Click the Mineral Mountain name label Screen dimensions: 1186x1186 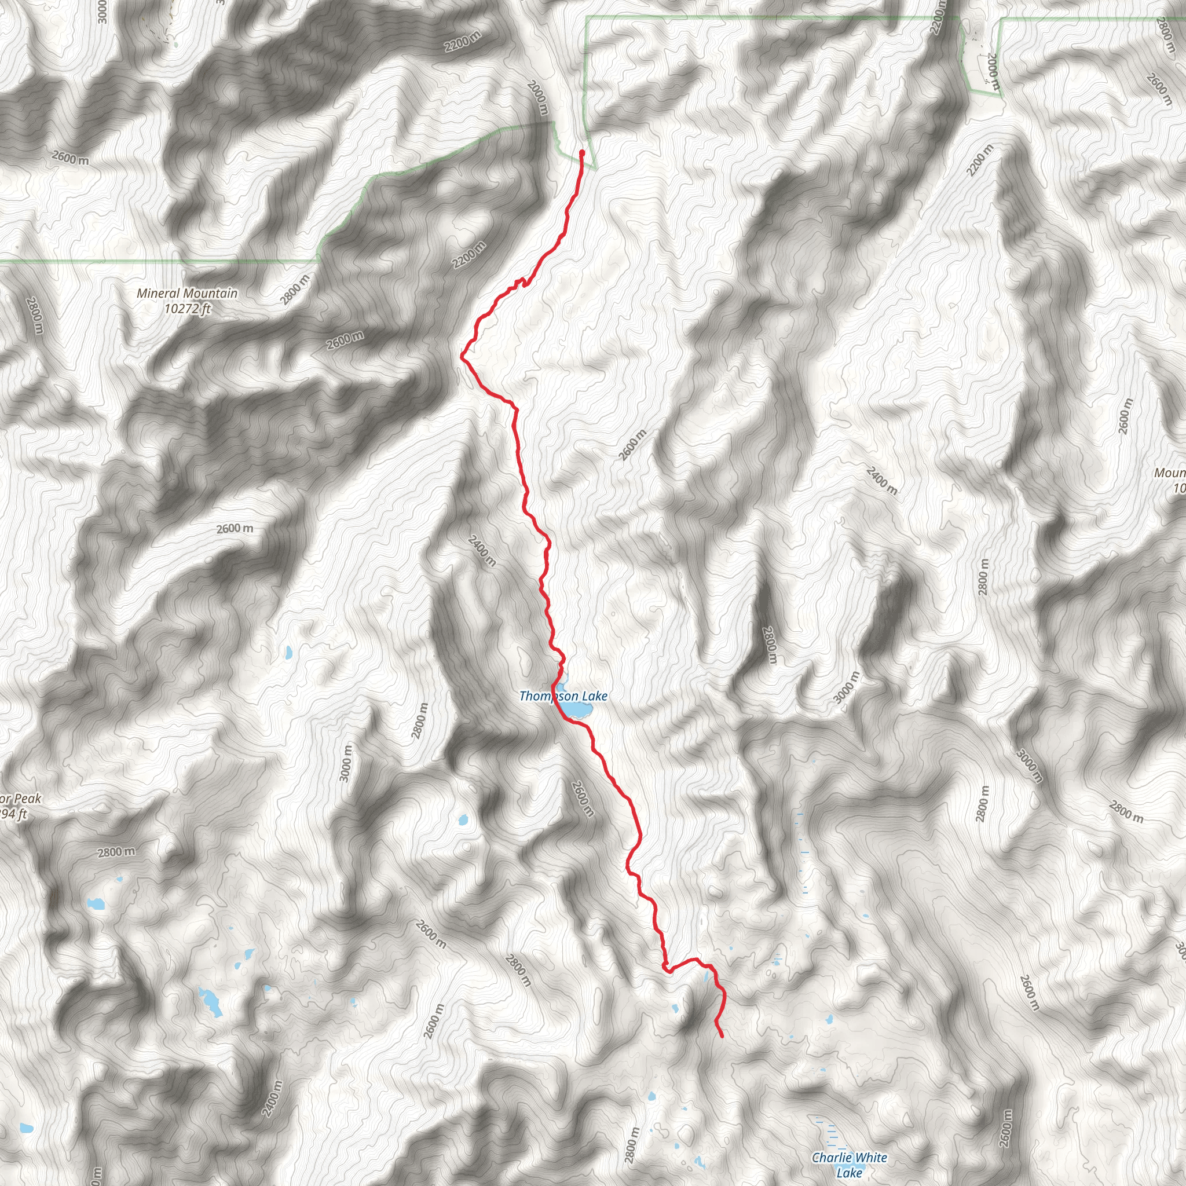186,294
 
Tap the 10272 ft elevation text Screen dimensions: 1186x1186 187,308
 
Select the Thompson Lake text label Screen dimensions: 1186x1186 563,696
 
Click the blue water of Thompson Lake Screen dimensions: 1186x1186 576,709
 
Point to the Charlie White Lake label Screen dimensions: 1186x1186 849,1165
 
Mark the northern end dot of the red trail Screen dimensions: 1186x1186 581,152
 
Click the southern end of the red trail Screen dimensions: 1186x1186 722,1037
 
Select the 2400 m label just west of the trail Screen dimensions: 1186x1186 482,551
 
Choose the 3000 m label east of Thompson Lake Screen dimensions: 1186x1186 847,688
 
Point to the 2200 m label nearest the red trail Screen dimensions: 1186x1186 470,255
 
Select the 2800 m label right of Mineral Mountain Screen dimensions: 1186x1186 295,289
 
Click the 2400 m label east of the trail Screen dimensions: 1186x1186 882,481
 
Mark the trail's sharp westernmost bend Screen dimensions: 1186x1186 462,354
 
